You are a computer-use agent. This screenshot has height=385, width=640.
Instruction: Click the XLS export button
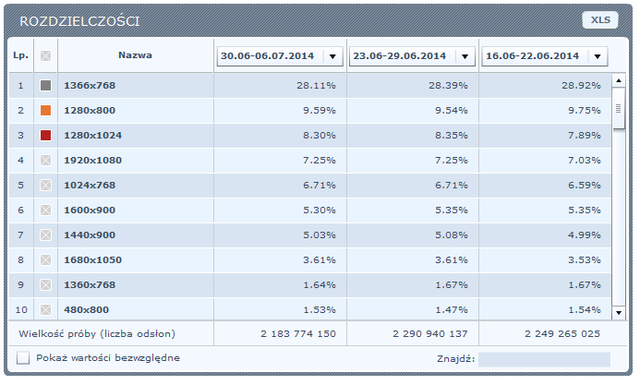point(600,20)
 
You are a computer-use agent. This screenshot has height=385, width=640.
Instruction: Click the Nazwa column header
point(135,55)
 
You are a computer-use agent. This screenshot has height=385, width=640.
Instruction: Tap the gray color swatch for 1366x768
point(46,85)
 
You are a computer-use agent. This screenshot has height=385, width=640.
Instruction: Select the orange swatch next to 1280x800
point(46,110)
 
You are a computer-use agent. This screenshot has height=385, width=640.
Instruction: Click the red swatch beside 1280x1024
point(46,135)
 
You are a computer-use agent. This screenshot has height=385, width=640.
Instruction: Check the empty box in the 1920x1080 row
point(46,160)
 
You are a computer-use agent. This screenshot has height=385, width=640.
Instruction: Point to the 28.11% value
point(316,85)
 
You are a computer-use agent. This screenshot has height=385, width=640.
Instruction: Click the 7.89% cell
point(584,135)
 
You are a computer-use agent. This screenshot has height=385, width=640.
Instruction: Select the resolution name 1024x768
point(90,186)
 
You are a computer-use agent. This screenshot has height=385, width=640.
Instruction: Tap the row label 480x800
point(86,309)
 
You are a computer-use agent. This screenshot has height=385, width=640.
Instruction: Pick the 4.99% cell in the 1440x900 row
point(584,235)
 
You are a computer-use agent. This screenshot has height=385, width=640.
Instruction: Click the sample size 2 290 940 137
point(430,333)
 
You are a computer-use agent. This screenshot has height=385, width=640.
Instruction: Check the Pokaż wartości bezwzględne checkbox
point(23,358)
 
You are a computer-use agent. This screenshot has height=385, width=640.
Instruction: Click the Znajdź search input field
point(544,359)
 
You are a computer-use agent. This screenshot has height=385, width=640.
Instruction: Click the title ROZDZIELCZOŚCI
point(79,21)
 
